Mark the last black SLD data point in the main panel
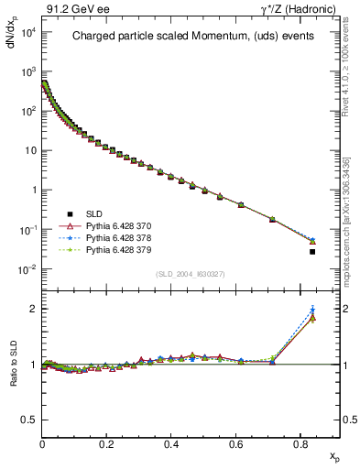click(x=312, y=252)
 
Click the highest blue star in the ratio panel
click(x=312, y=310)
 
